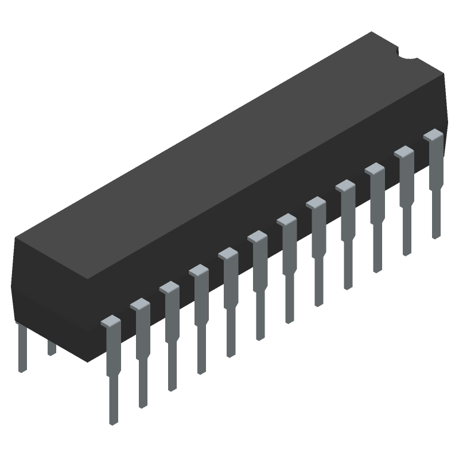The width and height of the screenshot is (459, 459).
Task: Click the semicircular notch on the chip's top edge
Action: (408, 56)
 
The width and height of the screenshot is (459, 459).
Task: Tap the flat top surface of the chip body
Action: (229, 155)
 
